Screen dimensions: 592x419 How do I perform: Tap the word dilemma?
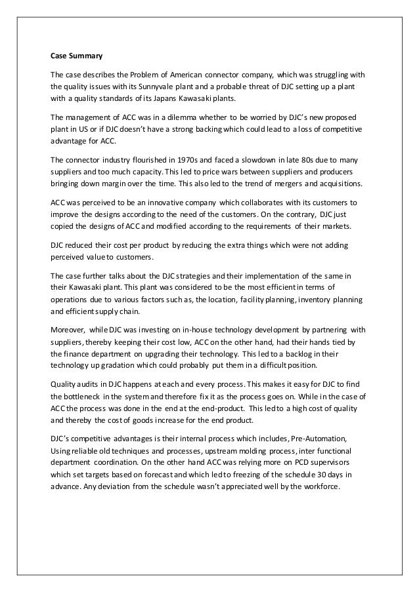179,117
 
